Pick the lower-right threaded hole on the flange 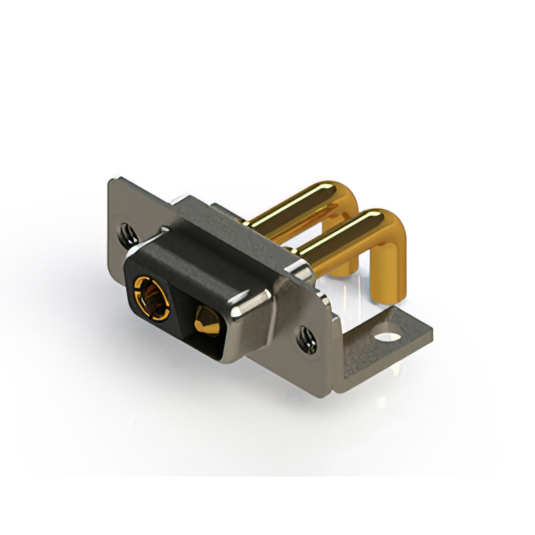(x=306, y=339)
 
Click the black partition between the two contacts (x=182, y=309)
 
